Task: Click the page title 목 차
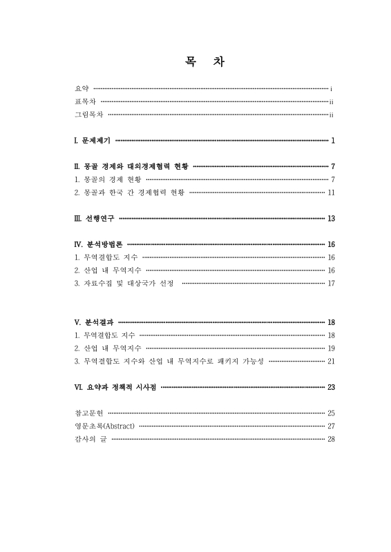click(x=195, y=61)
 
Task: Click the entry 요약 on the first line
click(x=82, y=89)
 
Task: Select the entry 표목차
click(x=84, y=102)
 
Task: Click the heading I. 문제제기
click(x=92, y=141)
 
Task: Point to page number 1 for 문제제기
click(x=332, y=141)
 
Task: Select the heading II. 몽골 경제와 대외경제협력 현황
click(x=131, y=166)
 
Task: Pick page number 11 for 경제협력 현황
click(x=331, y=193)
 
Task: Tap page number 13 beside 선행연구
click(x=331, y=219)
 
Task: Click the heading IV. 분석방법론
click(x=98, y=244)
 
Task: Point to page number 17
click(x=331, y=283)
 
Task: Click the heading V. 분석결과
click(x=94, y=322)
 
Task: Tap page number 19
click(x=331, y=348)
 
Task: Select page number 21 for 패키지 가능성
click(x=331, y=361)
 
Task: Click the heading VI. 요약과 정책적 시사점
click(x=115, y=387)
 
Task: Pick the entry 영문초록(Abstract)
click(x=104, y=426)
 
